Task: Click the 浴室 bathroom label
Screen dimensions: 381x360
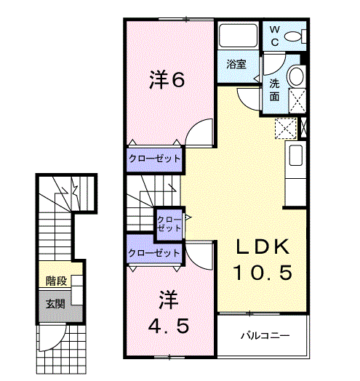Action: pos(236,64)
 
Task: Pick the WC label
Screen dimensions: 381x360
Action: pos(275,35)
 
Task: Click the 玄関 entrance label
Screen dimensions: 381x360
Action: pos(55,304)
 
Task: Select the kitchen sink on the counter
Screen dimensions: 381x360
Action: pos(295,156)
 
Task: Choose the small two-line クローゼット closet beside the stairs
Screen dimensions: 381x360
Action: pos(169,222)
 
